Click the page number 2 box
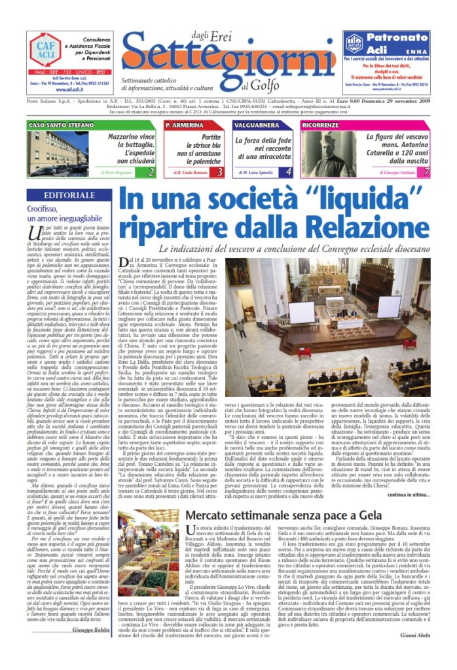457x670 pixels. click(151, 172)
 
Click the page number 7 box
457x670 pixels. click(426, 172)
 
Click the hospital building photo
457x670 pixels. click(54, 152)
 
